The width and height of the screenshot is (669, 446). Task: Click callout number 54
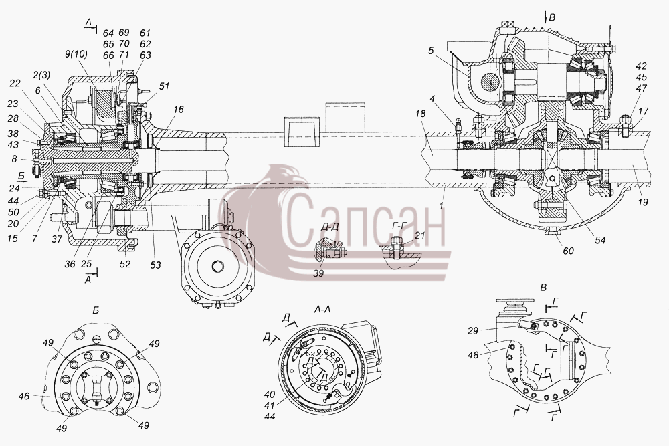599,241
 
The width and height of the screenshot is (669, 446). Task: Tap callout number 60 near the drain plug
568,251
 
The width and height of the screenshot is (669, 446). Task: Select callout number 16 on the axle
179,110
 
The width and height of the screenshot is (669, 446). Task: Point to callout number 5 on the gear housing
431,51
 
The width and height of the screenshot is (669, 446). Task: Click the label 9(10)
76,54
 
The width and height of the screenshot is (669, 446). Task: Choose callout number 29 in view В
473,330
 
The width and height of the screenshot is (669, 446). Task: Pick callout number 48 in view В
473,354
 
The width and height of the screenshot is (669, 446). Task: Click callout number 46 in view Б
24,396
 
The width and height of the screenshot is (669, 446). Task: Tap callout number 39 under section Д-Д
318,273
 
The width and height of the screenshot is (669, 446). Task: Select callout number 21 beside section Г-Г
420,235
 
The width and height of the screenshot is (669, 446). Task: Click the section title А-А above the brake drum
322,310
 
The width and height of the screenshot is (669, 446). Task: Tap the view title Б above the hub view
96,310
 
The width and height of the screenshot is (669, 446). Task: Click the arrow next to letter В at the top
545,17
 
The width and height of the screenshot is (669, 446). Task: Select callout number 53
155,265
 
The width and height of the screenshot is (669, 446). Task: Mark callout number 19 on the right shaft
642,202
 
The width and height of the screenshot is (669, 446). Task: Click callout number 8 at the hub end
14,159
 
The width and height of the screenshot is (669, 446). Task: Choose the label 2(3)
41,75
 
